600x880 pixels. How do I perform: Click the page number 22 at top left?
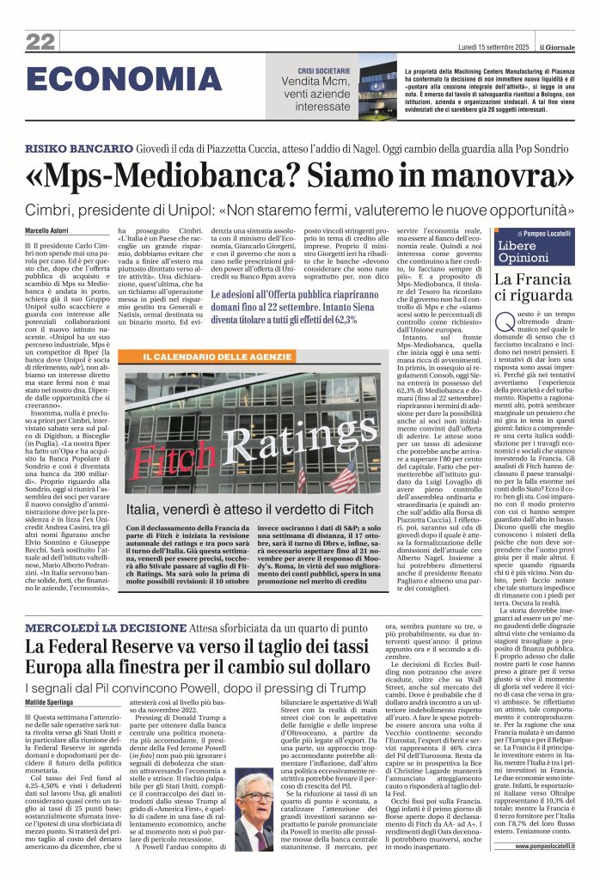(x=40, y=42)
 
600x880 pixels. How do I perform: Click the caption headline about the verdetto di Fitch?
(x=257, y=508)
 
